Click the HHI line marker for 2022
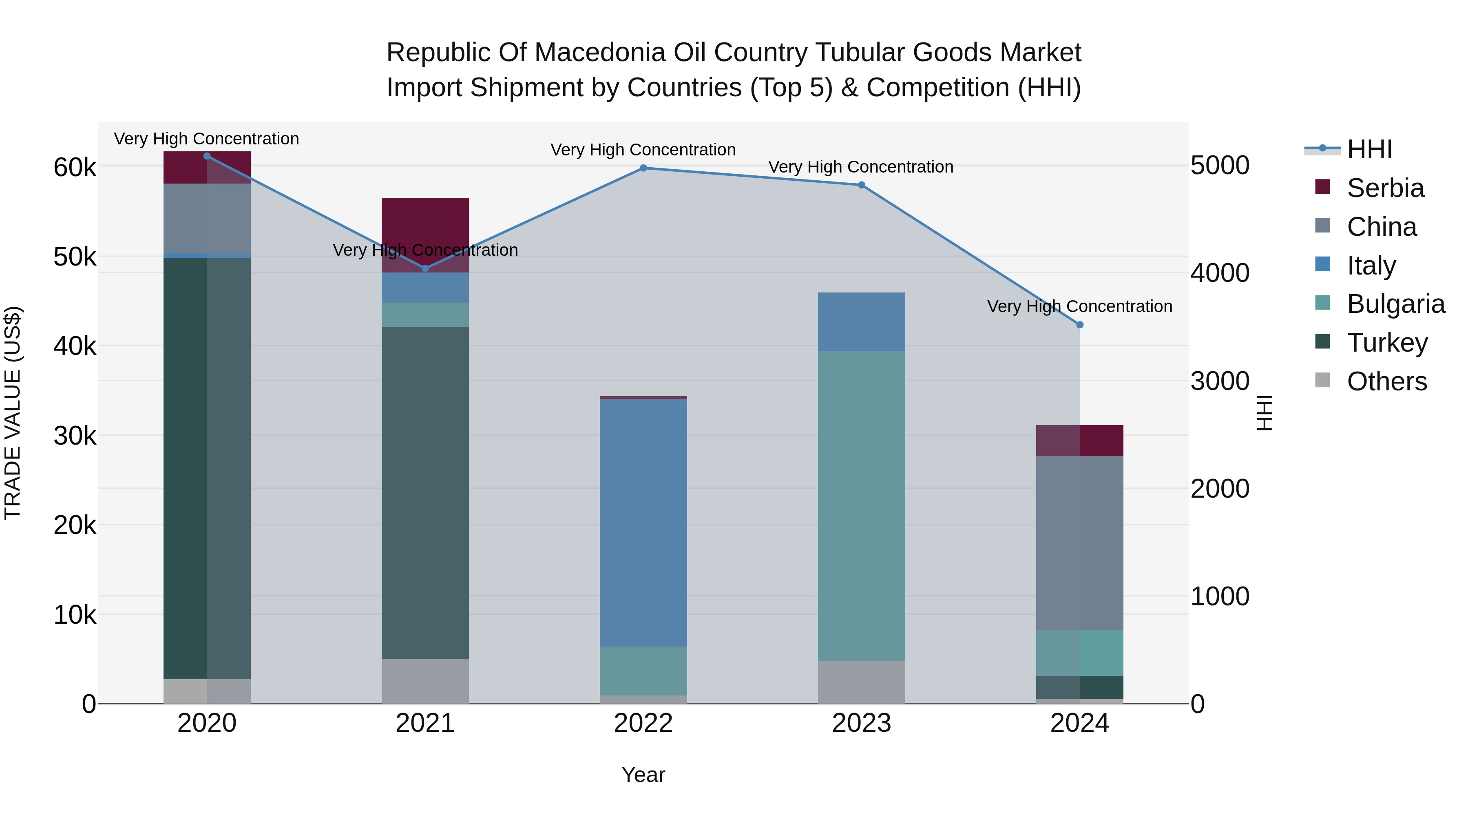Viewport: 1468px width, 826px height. (x=643, y=168)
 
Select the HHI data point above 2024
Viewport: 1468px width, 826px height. (x=1080, y=325)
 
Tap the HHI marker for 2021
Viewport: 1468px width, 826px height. (x=425, y=268)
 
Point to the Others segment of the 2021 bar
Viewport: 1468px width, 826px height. (x=425, y=681)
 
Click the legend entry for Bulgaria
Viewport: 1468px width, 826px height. (x=1395, y=304)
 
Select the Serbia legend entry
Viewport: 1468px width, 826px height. (x=1385, y=188)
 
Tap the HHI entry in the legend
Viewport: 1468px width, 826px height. (x=1369, y=149)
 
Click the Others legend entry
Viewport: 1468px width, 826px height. (x=1386, y=381)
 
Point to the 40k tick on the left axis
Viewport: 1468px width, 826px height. (x=75, y=346)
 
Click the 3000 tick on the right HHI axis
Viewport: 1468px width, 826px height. (x=1220, y=381)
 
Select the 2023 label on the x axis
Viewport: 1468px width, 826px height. (x=861, y=723)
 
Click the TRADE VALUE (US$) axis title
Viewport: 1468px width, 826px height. (x=13, y=413)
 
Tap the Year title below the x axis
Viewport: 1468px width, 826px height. (x=643, y=775)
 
